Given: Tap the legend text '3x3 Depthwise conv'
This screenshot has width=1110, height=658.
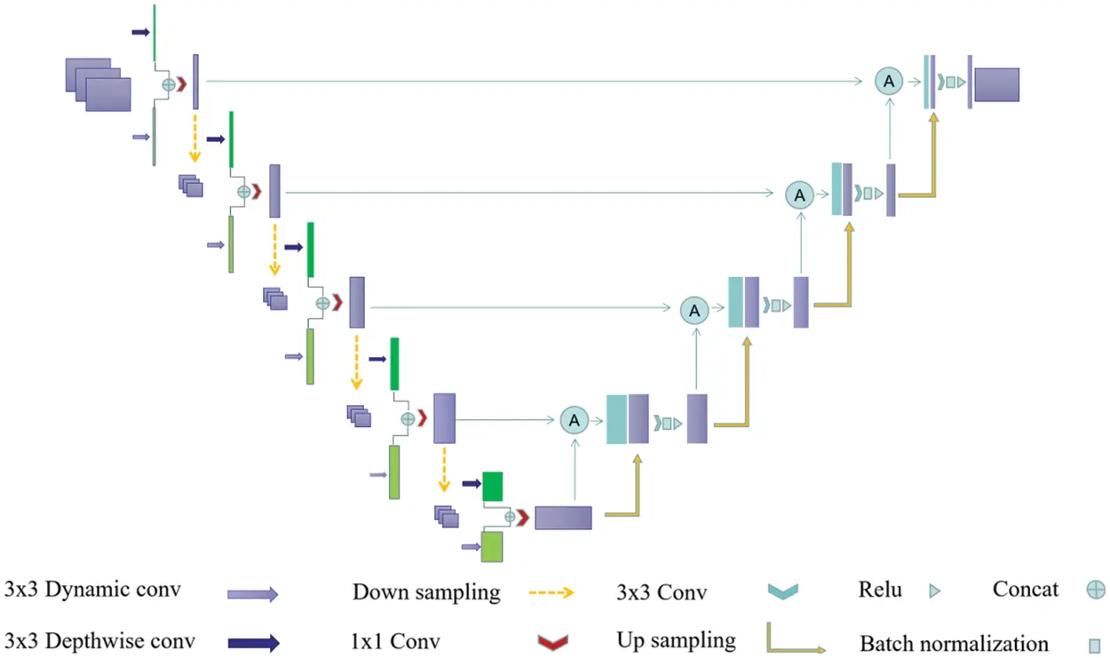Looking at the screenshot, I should click(99, 640).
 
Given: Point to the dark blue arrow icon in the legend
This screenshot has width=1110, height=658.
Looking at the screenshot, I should click(252, 643).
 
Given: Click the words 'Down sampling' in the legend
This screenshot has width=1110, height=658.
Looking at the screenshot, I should click(426, 592).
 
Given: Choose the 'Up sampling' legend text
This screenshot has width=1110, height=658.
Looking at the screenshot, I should click(676, 640).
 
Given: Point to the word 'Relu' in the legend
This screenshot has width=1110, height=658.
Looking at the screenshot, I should click(880, 590).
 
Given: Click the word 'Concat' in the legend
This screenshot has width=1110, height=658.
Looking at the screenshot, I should click(1026, 590).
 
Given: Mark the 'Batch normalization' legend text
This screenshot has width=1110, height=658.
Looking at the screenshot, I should click(954, 643).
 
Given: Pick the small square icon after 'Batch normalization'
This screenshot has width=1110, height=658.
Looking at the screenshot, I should click(1095, 645).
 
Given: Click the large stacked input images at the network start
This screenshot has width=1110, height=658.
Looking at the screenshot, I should click(99, 84).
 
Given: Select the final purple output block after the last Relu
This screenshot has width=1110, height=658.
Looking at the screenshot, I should click(997, 83).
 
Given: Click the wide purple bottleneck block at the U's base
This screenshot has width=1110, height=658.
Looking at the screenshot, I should click(562, 517).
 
